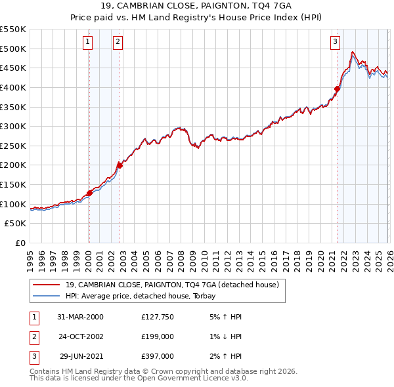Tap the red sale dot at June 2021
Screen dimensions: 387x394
coord(337,89)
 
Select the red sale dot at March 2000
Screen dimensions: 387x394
coord(89,193)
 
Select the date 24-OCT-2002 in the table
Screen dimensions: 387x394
coord(81,337)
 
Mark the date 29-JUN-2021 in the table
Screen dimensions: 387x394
coord(81,357)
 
